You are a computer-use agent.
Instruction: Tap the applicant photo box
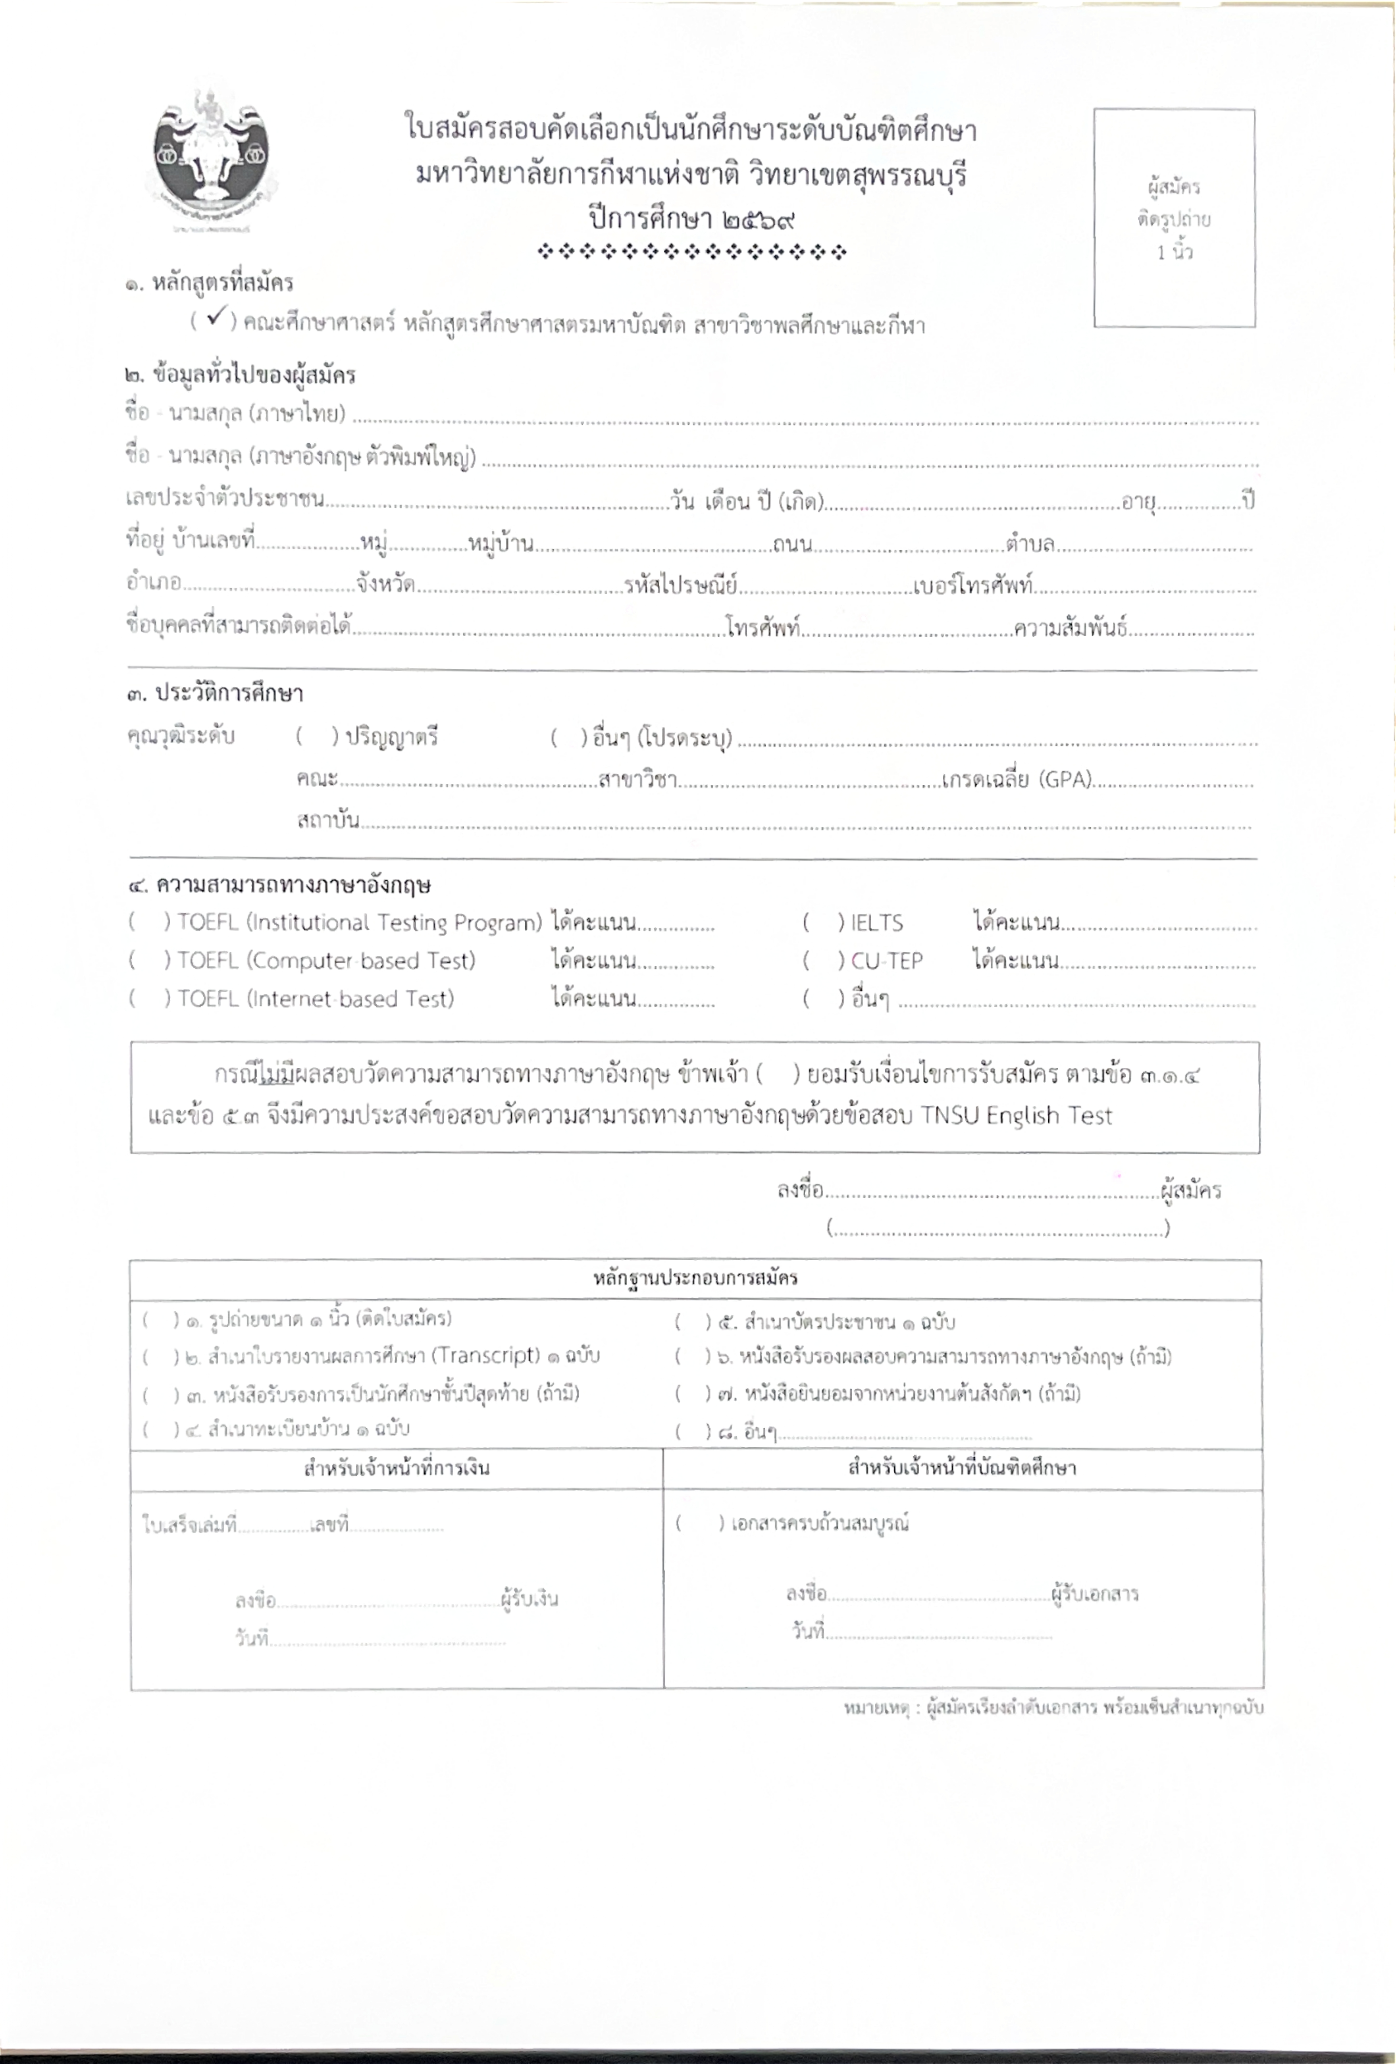[1173, 218]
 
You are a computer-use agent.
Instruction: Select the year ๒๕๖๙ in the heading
[754, 217]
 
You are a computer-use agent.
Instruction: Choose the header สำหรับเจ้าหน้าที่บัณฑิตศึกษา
[962, 1467]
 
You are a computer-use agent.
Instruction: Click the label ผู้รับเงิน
[529, 1600]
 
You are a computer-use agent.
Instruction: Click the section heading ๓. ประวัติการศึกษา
[216, 693]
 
